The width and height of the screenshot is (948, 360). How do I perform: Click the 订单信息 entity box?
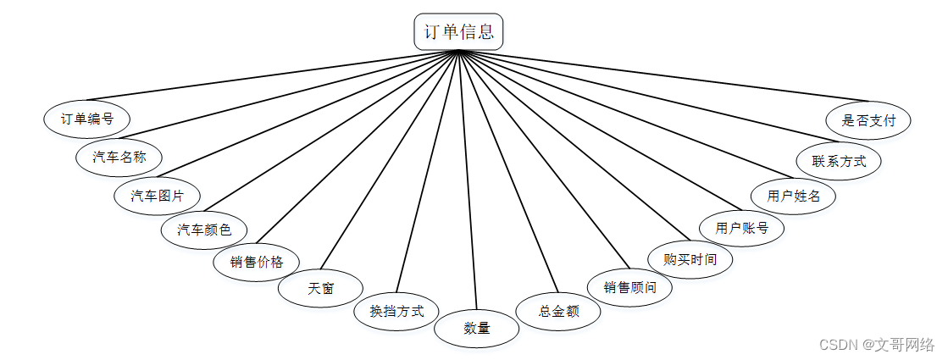459,32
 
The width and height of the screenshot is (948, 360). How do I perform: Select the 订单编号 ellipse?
86,119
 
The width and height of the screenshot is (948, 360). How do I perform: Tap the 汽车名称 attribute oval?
119,157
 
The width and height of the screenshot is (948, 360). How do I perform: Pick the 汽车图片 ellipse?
158,196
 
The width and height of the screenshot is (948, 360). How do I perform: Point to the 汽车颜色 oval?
204,229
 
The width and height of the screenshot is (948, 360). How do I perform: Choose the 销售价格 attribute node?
255,262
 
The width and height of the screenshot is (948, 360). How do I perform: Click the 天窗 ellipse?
320,288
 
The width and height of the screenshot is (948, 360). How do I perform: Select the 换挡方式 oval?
396,310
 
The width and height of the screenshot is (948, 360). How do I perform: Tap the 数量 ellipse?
477,329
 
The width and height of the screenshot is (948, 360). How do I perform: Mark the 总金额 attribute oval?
558,311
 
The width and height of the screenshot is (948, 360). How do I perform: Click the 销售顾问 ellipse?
629,287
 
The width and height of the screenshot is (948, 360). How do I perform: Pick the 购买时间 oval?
690,259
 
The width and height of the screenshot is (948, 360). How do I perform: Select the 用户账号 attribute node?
741,227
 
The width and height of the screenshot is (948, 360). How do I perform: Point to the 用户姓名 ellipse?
794,196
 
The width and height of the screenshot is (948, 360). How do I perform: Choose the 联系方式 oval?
839,160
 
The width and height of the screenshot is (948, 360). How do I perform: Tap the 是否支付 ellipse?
868,120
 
